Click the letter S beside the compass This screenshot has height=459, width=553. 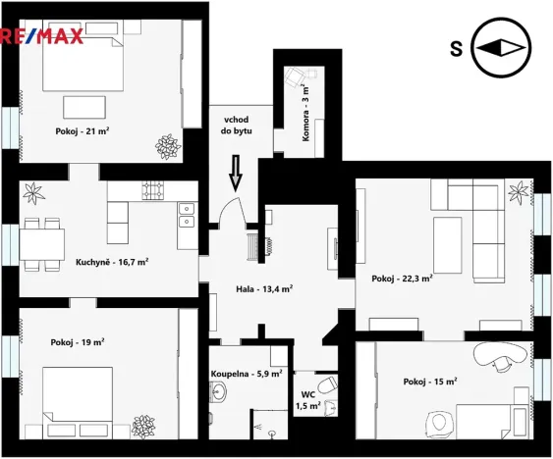(456, 48)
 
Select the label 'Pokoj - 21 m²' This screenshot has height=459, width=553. (82, 129)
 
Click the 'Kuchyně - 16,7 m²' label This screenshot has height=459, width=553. (112, 262)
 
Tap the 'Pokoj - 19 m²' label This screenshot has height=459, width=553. (78, 342)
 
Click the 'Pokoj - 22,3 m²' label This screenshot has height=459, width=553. (402, 279)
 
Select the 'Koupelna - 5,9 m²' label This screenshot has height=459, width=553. (247, 374)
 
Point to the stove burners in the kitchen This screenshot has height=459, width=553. (152, 189)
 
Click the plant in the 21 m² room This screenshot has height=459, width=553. (167, 145)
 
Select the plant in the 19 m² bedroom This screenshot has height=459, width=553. (145, 426)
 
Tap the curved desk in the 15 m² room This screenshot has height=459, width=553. (497, 355)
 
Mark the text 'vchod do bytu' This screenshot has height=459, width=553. (236, 124)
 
